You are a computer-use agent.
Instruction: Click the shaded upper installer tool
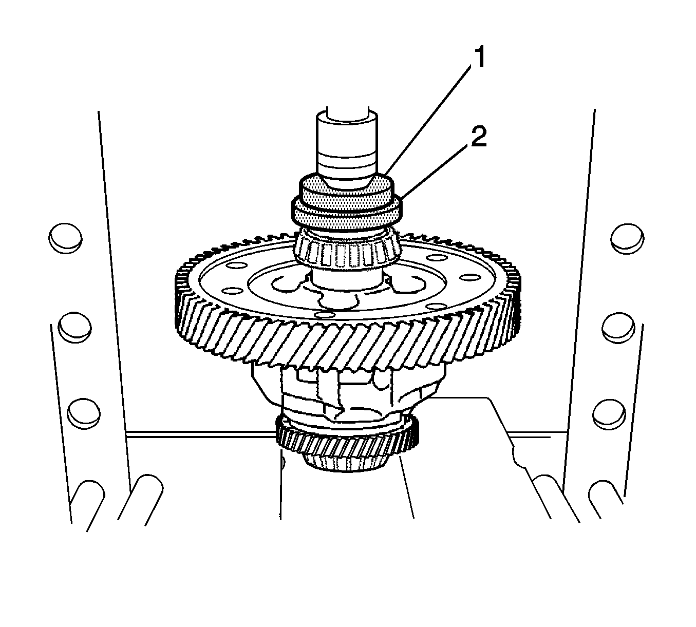click(x=347, y=194)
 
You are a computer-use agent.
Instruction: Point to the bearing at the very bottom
click(x=346, y=463)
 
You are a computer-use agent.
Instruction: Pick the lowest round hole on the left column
click(x=84, y=414)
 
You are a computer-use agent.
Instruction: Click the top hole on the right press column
click(x=627, y=239)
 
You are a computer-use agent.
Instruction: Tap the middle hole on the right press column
click(x=618, y=327)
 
